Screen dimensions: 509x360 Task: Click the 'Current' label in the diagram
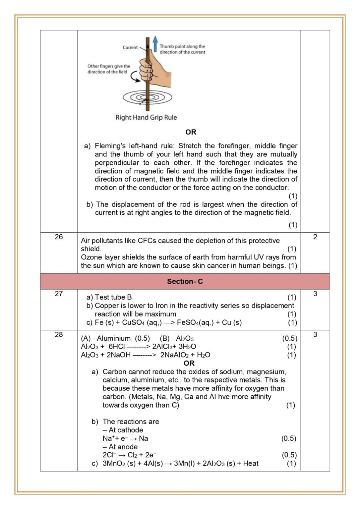click(130, 47)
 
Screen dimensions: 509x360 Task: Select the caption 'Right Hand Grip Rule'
click(146, 117)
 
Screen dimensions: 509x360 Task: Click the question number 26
click(59, 237)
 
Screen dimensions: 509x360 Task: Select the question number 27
click(59, 294)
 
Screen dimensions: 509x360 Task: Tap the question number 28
click(59, 334)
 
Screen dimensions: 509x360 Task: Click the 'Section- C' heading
click(185, 281)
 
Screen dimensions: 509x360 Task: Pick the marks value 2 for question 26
click(315, 237)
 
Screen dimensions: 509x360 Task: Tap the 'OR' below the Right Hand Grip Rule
click(191, 132)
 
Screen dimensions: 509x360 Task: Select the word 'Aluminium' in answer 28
click(114, 338)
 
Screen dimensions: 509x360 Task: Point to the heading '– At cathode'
click(123, 430)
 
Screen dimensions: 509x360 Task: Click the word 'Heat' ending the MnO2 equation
click(251, 463)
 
